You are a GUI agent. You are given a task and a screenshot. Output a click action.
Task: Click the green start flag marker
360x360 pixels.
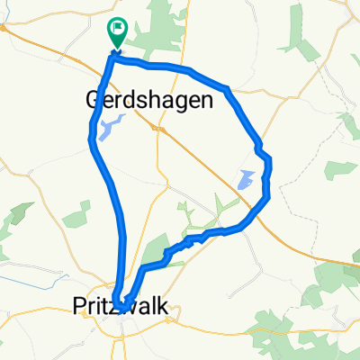pyautogui.click(x=117, y=32)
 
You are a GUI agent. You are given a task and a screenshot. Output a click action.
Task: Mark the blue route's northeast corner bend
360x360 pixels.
pyautogui.click(x=227, y=88)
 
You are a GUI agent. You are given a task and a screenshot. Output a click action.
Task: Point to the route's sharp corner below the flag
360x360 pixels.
pyautogui.click(x=113, y=58)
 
